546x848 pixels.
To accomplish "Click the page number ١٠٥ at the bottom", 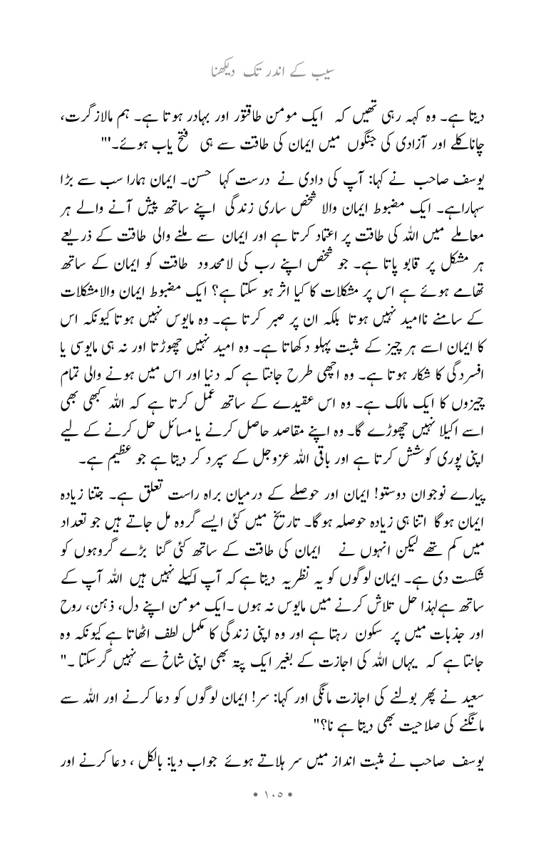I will [x=272, y=812].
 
